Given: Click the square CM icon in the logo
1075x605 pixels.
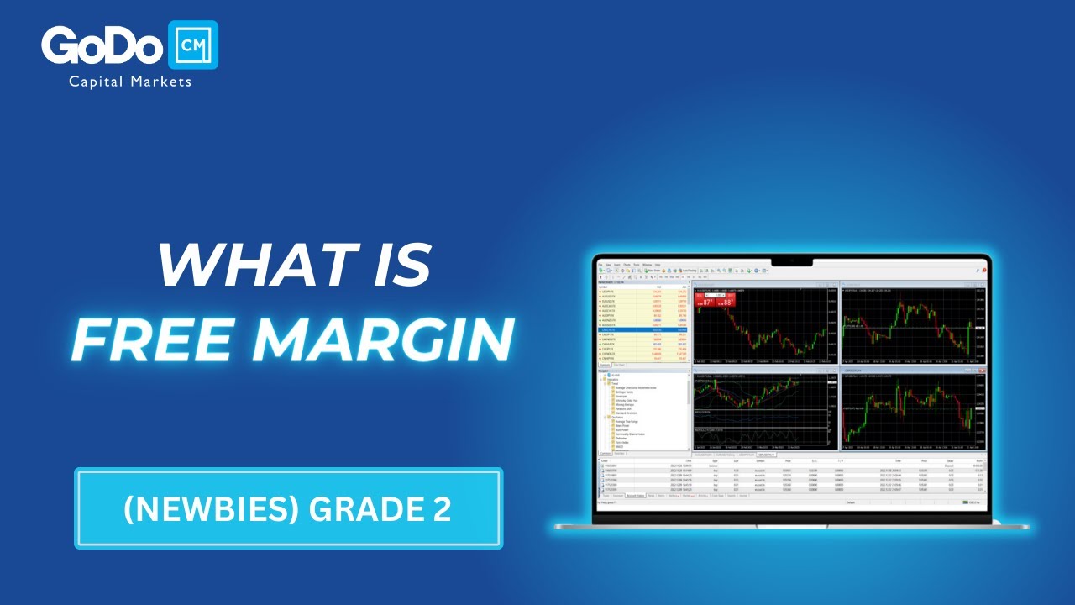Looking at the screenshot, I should coord(193,45).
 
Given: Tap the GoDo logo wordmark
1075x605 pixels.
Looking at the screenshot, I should coord(102,46).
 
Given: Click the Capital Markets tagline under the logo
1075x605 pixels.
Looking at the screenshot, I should coord(130,82).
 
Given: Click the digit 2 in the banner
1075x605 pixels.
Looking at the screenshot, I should coord(442,509).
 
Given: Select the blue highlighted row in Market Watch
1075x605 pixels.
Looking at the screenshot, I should coord(642,330).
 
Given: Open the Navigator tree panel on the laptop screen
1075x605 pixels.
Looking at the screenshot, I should coord(642,412).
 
